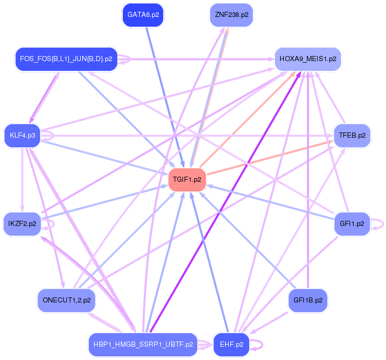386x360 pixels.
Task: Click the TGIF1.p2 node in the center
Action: coord(187,180)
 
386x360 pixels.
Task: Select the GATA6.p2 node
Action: coord(143,15)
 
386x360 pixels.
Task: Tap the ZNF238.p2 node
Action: coord(231,15)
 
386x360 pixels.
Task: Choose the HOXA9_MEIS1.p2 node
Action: coord(308,59)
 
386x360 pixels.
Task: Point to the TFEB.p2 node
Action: coord(352,136)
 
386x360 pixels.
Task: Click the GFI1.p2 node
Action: coord(352,224)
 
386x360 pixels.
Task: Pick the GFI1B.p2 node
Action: coord(307,300)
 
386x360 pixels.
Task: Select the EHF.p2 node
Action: coord(231,345)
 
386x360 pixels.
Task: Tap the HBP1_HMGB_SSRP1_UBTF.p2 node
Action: coord(143,345)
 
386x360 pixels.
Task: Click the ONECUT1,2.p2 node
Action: coord(67,300)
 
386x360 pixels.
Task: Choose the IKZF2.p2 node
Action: coord(22,224)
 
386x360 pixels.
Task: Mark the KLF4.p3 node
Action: coord(22,136)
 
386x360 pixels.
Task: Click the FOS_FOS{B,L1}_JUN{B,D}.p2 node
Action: coord(66,59)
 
